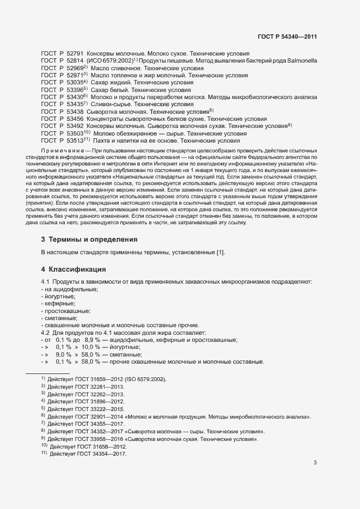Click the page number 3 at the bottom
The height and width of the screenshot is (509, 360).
315,463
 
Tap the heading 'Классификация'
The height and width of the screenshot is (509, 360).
76,269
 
